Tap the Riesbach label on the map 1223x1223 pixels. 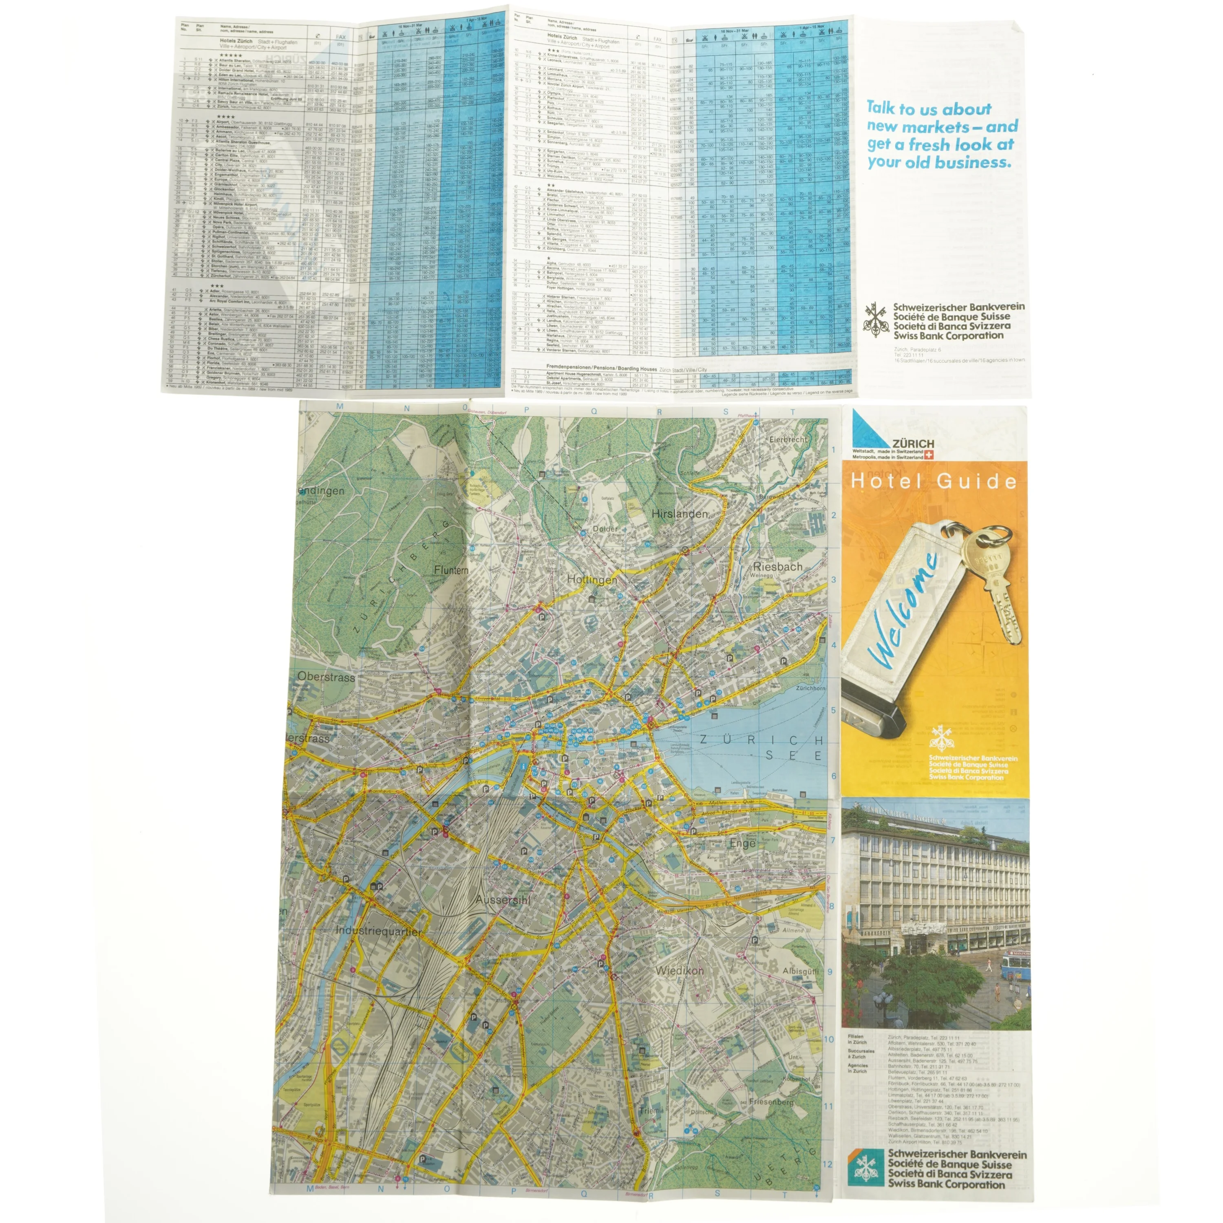[x=778, y=567]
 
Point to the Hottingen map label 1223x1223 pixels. [x=592, y=579]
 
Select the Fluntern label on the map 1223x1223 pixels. [x=451, y=570]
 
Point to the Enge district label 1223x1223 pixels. [x=742, y=844]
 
